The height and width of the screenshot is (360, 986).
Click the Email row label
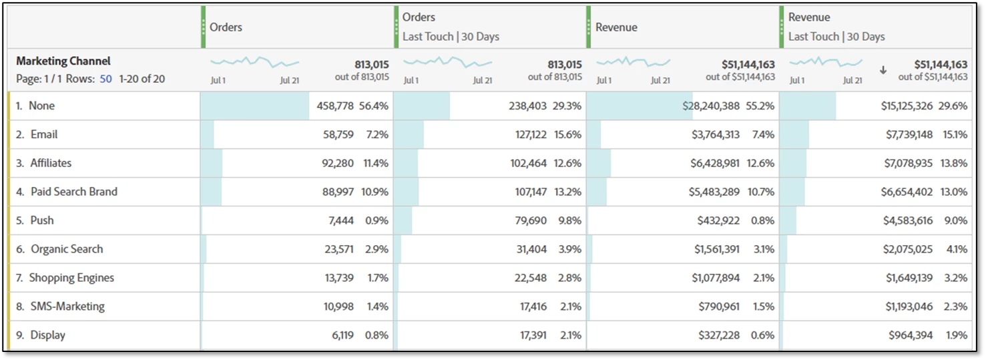44,134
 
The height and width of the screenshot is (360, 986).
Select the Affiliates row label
51,163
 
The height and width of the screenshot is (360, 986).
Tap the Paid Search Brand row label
73,192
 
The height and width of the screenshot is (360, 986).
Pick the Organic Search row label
67,249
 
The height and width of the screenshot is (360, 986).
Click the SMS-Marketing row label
67,307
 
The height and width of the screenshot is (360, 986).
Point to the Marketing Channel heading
63,61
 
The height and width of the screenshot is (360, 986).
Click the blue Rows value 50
105,79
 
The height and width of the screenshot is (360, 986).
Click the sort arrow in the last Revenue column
883,69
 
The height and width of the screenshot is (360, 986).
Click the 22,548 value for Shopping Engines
530,278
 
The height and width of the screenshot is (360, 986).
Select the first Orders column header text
226,27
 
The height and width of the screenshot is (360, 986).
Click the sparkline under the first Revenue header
633,62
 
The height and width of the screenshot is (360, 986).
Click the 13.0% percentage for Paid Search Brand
954,192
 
